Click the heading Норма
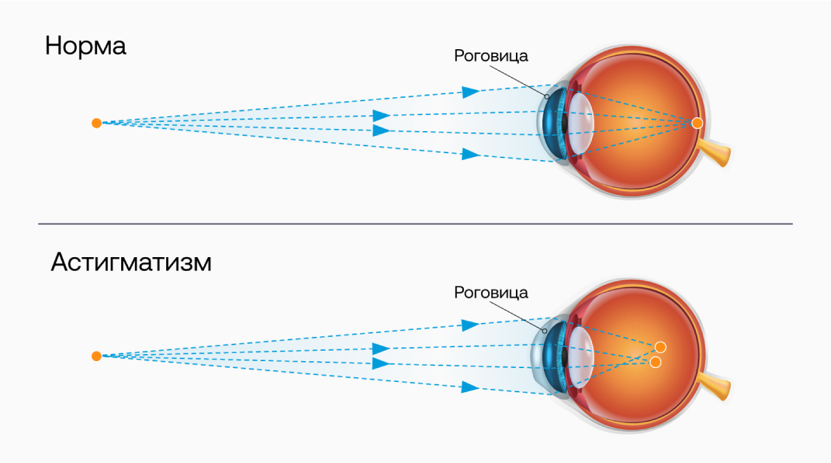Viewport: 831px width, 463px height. coord(86,46)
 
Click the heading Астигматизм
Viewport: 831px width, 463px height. coord(131,264)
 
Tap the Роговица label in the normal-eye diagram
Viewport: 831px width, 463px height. coord(490,56)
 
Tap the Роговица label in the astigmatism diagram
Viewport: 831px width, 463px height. coord(490,292)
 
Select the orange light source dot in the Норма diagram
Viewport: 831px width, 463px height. coord(96,123)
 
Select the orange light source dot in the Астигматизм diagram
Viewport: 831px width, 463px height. coord(96,356)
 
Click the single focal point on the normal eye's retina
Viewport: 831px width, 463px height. coord(697,123)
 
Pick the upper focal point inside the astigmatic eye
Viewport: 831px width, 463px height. coord(660,347)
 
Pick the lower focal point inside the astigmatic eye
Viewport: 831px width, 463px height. coord(655,362)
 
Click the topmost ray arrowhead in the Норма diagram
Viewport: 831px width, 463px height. coord(471,91)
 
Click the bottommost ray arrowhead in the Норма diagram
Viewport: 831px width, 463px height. coord(471,153)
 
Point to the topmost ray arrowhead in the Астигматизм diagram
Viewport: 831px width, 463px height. coord(471,324)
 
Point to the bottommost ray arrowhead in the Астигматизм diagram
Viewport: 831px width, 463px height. coord(471,386)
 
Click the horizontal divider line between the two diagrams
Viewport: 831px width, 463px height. coord(415,224)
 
